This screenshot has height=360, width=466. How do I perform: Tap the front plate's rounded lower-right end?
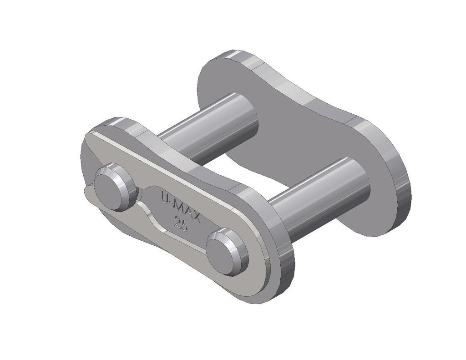273,282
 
